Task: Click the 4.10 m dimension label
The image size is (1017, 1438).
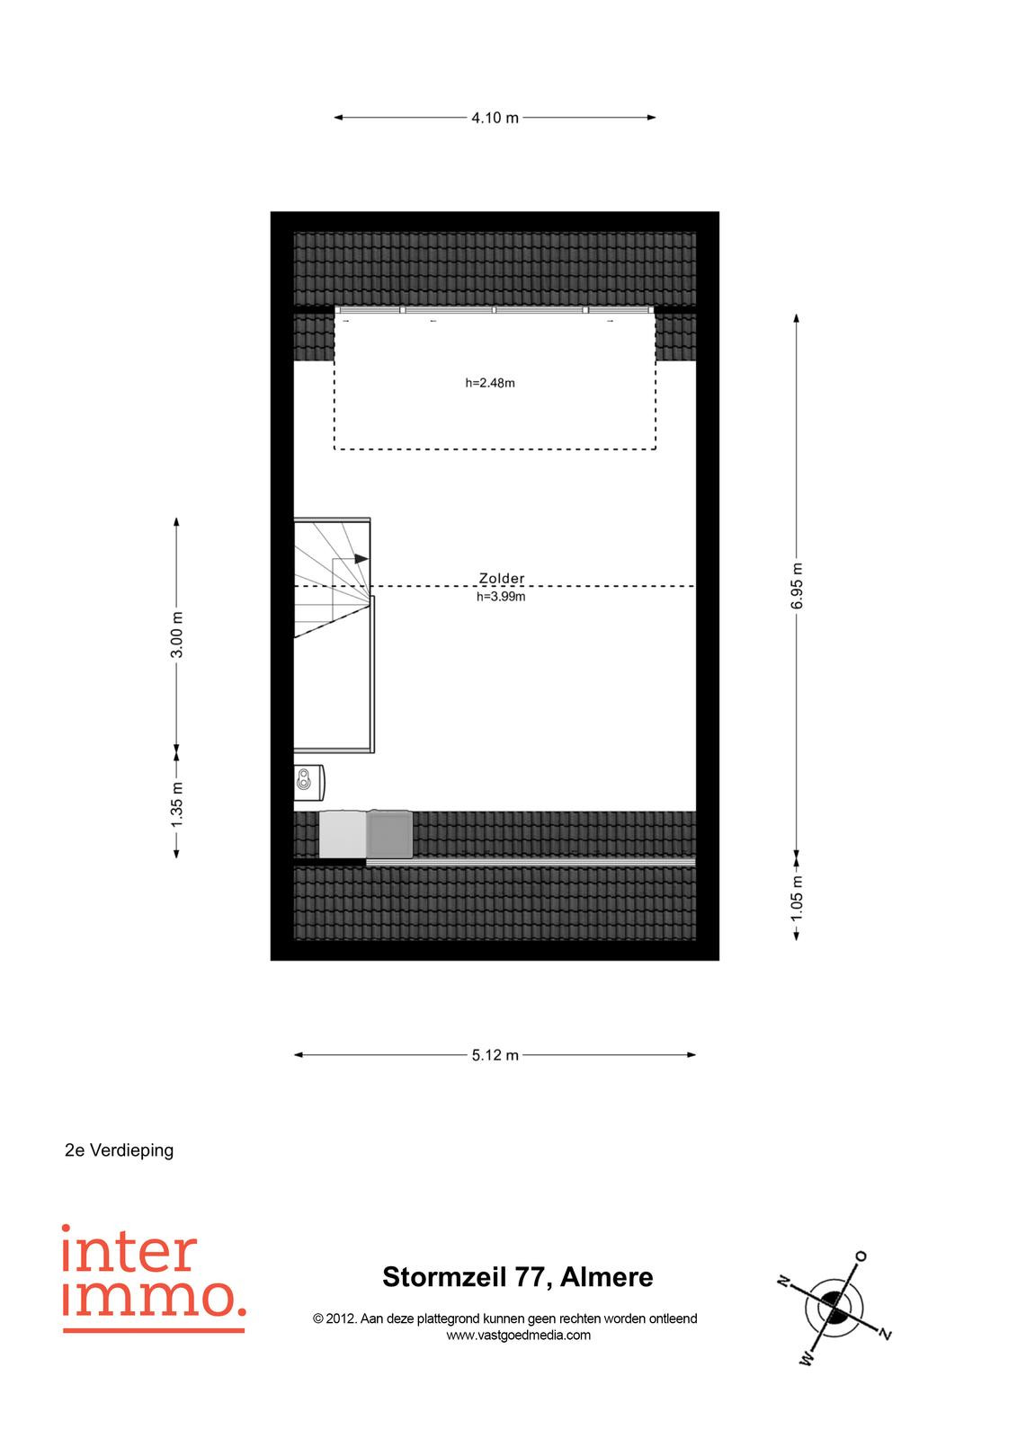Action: click(495, 118)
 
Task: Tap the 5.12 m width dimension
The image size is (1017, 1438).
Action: click(495, 1055)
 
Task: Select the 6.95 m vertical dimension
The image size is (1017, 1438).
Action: click(797, 585)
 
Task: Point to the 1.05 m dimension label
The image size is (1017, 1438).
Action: click(797, 898)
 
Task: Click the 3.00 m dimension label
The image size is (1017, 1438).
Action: click(176, 635)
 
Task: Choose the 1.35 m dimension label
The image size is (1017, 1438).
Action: click(176, 803)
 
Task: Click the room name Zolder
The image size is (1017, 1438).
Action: click(502, 579)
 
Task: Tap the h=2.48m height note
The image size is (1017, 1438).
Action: click(490, 383)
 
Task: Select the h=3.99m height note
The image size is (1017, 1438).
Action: click(501, 597)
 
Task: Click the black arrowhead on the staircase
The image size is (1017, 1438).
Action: click(361, 558)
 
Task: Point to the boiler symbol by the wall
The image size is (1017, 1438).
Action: click(309, 783)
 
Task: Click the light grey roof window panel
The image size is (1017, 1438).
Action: click(343, 834)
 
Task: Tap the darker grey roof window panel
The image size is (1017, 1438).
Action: click(389, 834)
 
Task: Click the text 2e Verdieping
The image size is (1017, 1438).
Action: click(119, 1150)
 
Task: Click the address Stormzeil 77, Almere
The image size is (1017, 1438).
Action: click(518, 1277)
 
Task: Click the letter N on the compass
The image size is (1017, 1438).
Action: click(783, 1281)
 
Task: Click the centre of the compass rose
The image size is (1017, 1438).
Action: click(834, 1306)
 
